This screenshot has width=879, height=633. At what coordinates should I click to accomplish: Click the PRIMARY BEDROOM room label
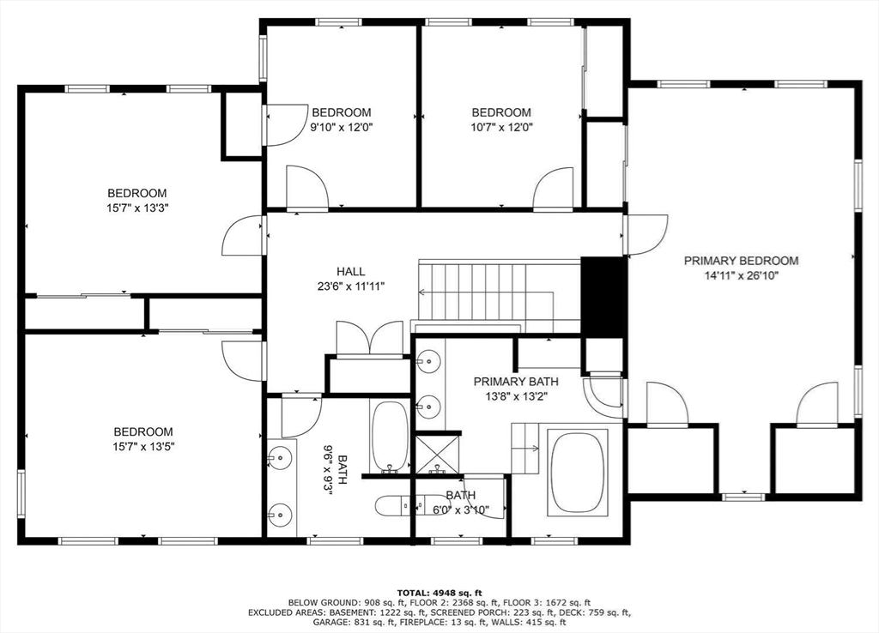(x=741, y=261)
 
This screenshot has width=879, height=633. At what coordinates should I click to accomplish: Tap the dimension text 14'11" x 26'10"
(x=741, y=276)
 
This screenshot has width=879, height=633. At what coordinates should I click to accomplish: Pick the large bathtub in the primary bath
(x=577, y=472)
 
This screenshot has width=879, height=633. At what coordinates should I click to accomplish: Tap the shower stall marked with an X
(x=437, y=452)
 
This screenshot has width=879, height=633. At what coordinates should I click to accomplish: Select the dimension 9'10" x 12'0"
(x=341, y=127)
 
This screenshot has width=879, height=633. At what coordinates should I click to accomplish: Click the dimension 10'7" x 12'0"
(x=501, y=127)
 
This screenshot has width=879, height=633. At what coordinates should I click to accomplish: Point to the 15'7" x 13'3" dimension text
(x=136, y=208)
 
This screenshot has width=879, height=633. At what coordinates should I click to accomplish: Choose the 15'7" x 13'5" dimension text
(x=143, y=446)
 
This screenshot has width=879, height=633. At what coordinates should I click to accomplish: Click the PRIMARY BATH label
(x=516, y=382)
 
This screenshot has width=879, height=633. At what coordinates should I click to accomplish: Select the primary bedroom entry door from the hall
(x=646, y=234)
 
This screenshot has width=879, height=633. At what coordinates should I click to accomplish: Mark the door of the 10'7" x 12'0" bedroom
(x=554, y=190)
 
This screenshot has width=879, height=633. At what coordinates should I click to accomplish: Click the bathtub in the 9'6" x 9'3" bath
(x=390, y=436)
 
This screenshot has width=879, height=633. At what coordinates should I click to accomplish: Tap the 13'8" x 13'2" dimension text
(x=515, y=396)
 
